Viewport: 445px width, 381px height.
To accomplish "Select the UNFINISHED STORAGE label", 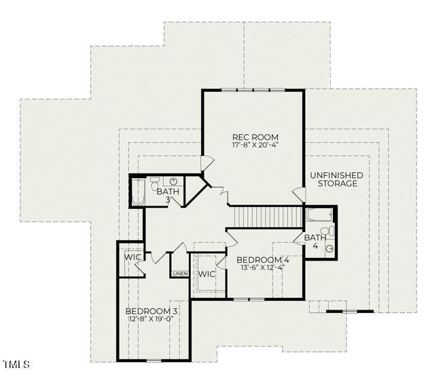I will (336, 180).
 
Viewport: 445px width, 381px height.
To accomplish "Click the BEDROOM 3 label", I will (152, 311).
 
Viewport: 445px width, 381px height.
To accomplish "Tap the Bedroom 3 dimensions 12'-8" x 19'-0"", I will (152, 319).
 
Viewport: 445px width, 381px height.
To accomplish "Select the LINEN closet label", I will (180, 274).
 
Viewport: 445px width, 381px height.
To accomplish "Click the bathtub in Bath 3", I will (138, 191).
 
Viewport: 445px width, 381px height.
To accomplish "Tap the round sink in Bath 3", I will (174, 182).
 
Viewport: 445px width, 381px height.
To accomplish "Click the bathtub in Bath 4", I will (318, 215).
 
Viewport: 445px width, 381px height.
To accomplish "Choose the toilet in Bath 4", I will (331, 232).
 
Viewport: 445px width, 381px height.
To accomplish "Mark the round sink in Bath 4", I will (330, 249).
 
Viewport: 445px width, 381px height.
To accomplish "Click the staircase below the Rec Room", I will (267, 217).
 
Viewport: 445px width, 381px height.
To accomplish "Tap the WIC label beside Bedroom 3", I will (132, 258).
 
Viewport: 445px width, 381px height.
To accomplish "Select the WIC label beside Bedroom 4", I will (207, 274).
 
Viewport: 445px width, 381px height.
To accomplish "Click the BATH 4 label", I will (315, 242).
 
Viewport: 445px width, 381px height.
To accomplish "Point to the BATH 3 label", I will (168, 195).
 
